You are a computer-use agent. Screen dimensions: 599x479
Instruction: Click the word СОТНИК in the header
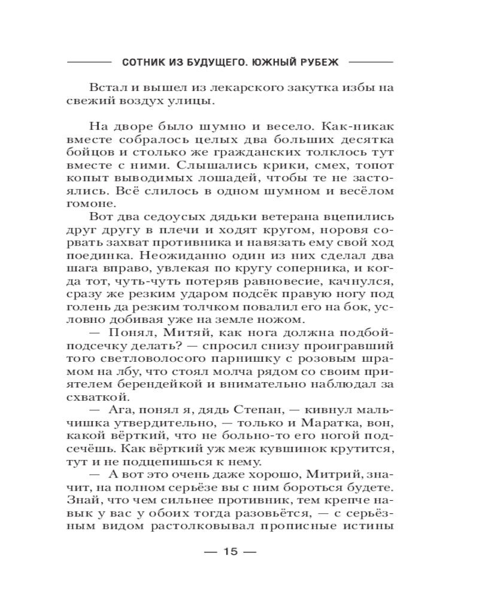[141, 62]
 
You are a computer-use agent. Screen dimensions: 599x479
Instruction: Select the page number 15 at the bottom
[231, 552]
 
